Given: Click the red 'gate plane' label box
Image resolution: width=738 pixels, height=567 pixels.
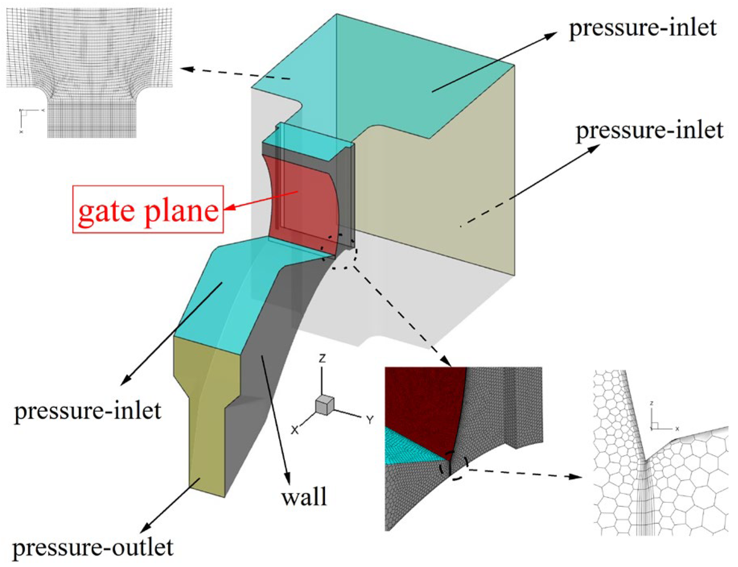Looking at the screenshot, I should click(148, 209).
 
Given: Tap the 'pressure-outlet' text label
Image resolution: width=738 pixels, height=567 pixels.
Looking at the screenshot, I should click(93, 548).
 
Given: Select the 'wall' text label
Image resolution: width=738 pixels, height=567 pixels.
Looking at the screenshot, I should click(304, 497).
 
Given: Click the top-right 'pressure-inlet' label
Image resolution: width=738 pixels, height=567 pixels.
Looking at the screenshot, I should click(643, 28).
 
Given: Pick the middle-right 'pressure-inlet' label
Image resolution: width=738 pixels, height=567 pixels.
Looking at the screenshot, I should click(649, 130).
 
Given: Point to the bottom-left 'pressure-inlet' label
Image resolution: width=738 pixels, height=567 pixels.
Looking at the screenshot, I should click(87, 411).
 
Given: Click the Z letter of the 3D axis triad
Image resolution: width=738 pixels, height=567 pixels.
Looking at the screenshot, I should click(322, 358).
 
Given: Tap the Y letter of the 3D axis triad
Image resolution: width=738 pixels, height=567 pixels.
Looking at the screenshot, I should click(370, 420).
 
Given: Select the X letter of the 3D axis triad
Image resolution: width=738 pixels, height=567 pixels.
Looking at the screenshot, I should click(295, 430).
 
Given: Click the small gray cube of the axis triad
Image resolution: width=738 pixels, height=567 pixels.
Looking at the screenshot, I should click(325, 405).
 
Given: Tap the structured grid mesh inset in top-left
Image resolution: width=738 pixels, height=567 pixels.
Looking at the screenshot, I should click(89, 72).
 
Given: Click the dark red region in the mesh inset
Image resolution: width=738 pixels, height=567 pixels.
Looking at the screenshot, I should click(423, 403).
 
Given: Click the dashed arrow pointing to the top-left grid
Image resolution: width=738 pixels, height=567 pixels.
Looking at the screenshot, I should click(234, 73).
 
